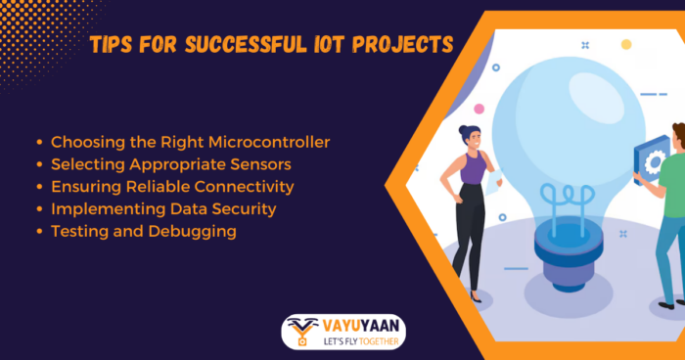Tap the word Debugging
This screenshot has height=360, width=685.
[x=198, y=232]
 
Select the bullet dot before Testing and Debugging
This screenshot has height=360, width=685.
[x=39, y=233]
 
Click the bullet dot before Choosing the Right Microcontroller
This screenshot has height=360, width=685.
[x=39, y=143]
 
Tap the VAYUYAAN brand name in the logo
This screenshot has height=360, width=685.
[x=361, y=325]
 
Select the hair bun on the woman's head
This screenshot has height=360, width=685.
[x=461, y=128]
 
